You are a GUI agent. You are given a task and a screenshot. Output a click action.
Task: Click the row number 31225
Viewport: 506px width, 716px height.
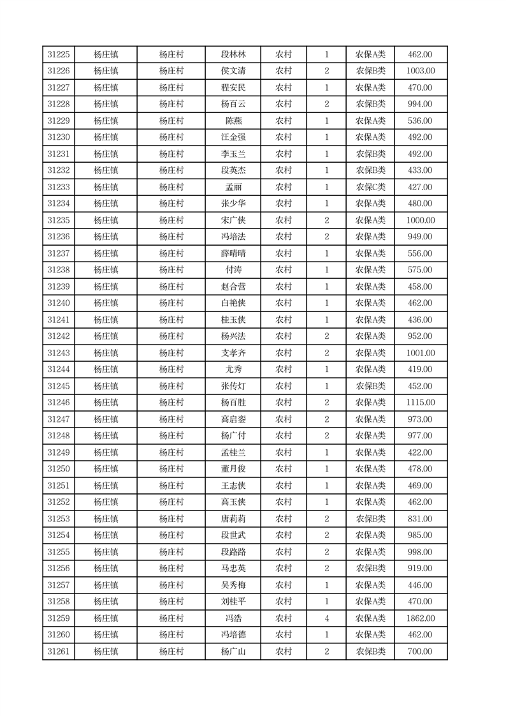tap(59, 55)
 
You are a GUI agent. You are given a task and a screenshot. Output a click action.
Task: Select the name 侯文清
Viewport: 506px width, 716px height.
tap(233, 71)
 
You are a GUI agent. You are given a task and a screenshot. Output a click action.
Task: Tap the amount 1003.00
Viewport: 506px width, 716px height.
tap(420, 71)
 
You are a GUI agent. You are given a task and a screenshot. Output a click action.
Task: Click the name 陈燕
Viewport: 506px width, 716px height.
tap(233, 121)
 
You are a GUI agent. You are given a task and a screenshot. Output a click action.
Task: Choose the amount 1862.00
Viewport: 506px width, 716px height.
tap(420, 618)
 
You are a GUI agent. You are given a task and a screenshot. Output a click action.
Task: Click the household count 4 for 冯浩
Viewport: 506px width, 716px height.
tap(326, 618)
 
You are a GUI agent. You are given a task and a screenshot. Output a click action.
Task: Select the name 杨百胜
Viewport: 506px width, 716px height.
tap(233, 403)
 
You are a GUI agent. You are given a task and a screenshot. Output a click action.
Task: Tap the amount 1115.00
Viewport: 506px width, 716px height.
tap(420, 403)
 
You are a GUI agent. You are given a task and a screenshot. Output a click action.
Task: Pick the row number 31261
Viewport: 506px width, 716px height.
tap(59, 652)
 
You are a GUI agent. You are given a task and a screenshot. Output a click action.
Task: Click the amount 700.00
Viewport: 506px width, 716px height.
tap(420, 652)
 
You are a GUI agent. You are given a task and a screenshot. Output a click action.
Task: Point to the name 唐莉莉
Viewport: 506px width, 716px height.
tap(233, 519)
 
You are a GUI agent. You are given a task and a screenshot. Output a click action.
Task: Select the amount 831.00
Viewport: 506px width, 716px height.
tap(420, 519)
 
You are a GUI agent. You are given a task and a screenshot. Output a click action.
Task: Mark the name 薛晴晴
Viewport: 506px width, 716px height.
tap(233, 254)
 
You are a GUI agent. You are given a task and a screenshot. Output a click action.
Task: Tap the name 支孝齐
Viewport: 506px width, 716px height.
tap(233, 353)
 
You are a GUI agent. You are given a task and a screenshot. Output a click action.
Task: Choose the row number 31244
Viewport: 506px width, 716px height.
tap(59, 369)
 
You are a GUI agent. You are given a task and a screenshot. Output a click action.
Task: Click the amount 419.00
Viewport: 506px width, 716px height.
tap(420, 369)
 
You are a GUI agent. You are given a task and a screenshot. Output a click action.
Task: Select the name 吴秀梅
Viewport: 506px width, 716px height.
tap(233, 585)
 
